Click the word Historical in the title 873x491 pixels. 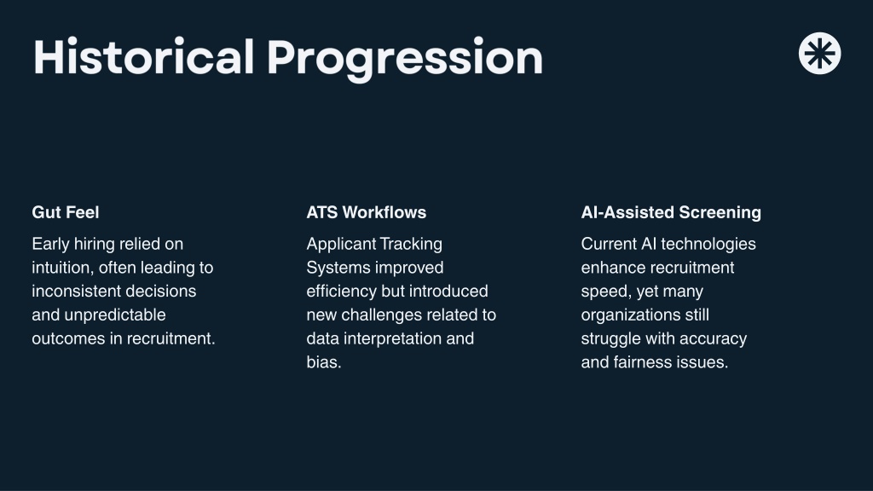pos(143,57)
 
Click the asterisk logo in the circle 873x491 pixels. pos(819,54)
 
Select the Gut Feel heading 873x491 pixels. pos(66,212)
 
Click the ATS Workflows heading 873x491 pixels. pos(367,212)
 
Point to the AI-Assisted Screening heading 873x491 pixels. pos(671,212)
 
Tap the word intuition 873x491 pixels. pos(63,268)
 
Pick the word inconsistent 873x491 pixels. pos(70,292)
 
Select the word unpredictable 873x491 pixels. pos(115,315)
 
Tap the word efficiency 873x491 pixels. pos(341,292)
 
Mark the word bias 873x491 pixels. pos(323,362)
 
